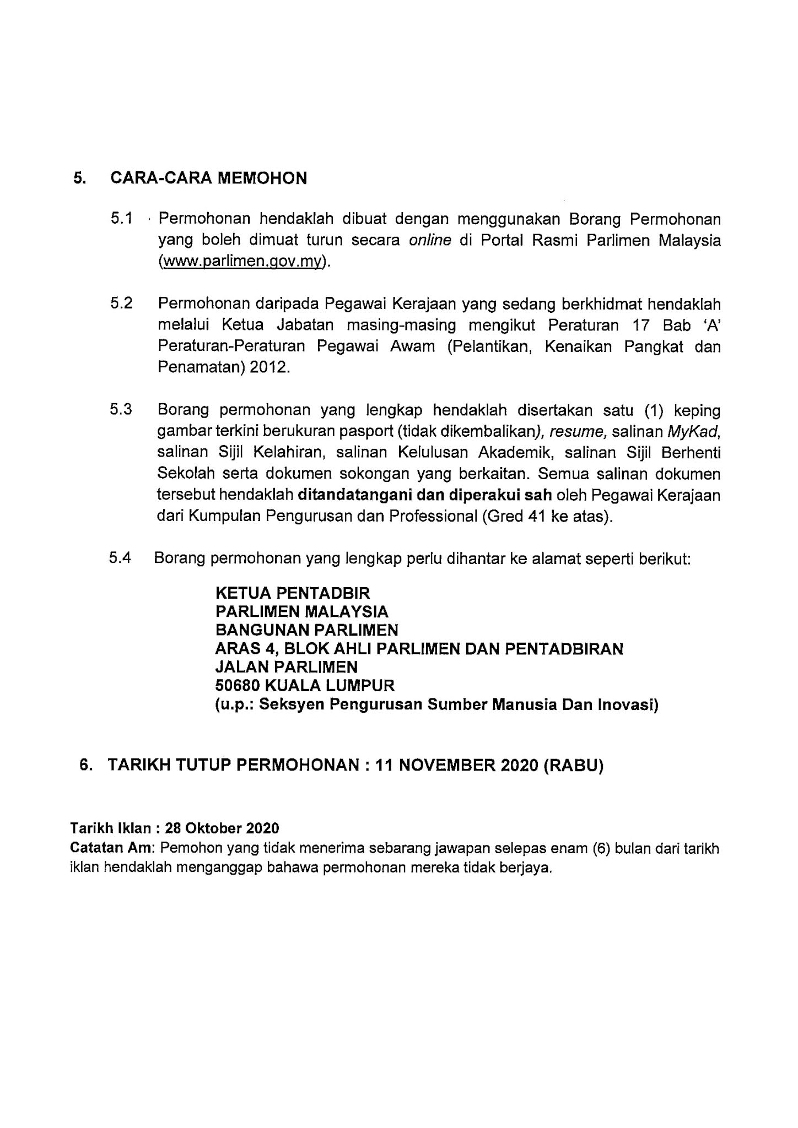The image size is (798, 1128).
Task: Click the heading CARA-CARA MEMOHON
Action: coord(208,178)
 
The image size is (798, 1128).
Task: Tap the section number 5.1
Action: coord(121,219)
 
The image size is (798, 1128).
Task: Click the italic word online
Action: coord(430,241)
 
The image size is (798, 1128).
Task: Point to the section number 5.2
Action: coord(121,304)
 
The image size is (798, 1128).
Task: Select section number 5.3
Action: coord(121,410)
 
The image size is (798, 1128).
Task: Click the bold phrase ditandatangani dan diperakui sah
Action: coord(424,495)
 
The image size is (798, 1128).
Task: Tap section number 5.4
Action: coord(120,558)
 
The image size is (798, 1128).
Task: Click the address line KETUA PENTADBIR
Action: coord(293,593)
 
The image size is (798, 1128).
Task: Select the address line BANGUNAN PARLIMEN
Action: coord(306,630)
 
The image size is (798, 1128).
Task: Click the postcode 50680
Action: coord(237,686)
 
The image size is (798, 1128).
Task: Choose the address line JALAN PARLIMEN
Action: coord(286,667)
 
